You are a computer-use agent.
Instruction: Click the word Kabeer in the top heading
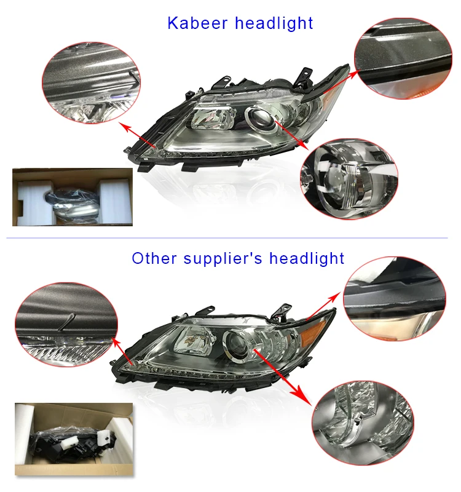[192, 23]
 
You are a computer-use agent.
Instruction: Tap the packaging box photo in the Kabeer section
[72, 197]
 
